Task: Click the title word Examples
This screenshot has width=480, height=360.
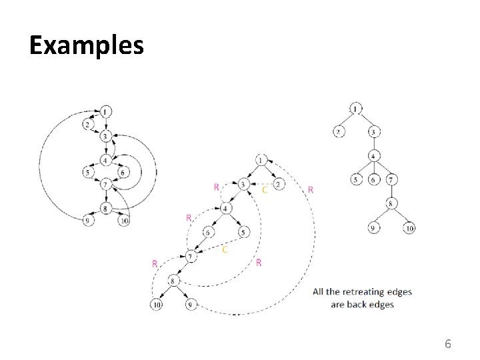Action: click(87, 45)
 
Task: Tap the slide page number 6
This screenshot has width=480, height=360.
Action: click(448, 344)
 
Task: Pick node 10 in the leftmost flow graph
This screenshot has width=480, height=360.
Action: click(123, 221)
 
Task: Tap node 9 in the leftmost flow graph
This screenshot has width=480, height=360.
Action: click(88, 221)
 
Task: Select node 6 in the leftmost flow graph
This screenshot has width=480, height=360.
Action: click(123, 173)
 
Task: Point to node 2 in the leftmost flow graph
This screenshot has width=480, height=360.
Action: click(88, 125)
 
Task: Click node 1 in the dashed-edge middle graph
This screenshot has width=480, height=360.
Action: click(261, 160)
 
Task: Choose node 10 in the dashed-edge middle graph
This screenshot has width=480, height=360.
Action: click(156, 305)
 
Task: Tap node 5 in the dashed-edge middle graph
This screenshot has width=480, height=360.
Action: click(243, 232)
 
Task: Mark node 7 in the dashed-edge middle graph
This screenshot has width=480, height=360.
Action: click(191, 256)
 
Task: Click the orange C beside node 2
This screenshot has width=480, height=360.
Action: click(265, 191)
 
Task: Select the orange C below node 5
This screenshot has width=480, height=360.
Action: click(224, 249)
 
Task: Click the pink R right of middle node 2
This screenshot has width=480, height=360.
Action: click(311, 190)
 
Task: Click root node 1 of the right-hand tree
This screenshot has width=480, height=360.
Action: click(356, 109)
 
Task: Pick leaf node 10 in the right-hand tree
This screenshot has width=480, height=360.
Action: click(409, 229)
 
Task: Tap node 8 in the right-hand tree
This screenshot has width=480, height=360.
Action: click(391, 204)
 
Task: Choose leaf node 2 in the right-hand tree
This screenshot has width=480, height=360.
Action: click(339, 132)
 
